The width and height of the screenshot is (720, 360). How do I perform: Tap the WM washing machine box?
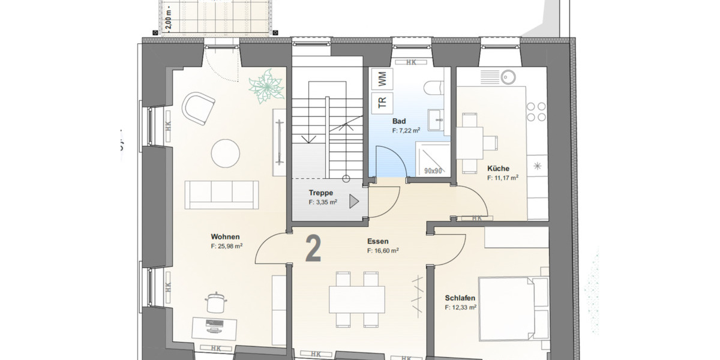382,78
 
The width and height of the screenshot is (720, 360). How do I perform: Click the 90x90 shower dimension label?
433,171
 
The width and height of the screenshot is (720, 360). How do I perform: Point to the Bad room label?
399,121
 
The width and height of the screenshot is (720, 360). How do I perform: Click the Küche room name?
498,169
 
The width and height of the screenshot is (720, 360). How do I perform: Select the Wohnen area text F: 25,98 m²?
226,246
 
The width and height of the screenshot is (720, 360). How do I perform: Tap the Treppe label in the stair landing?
320,193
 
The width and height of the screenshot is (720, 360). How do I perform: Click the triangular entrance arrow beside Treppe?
354,202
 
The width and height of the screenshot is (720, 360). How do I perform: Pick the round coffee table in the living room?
227,154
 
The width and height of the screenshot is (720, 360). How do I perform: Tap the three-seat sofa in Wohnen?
223,194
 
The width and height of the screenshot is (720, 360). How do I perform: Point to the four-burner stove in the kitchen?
536,111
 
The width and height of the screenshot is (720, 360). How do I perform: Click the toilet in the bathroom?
434,89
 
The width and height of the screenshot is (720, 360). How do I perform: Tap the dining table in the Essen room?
357,298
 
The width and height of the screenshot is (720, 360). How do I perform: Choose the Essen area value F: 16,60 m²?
383,251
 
